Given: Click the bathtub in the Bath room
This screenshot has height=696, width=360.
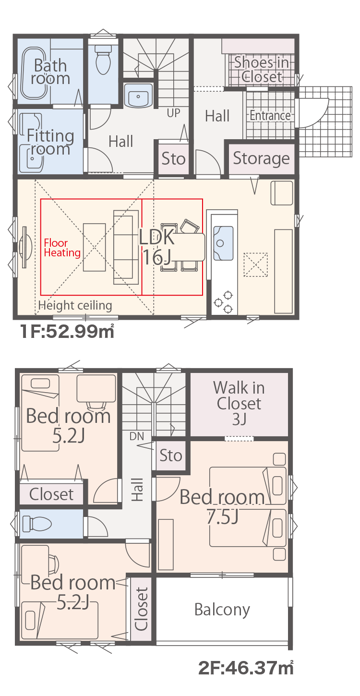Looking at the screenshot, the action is pos(35,73).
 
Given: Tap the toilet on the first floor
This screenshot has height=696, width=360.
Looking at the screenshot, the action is pos(103,59).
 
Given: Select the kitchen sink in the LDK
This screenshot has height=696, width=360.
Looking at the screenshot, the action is pos(223,243).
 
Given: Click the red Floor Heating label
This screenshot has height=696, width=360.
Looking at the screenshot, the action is pos(62,248).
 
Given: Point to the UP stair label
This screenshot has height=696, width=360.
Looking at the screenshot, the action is pos(173,113).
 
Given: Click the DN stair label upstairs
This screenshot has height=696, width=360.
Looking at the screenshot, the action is pos(137,436).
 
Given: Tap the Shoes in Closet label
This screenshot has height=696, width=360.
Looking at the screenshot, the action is pos(262,70).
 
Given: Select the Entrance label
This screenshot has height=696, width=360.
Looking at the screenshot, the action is pos(270,116).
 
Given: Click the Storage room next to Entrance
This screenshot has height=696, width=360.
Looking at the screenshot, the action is pos(261,158).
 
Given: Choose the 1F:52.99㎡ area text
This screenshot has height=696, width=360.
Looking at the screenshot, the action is pos(67,331).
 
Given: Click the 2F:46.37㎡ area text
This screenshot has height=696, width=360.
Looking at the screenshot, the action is pos(246,668).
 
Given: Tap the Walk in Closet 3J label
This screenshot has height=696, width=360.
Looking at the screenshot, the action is pos(239,403).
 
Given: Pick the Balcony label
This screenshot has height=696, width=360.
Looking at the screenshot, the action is pos(222,610).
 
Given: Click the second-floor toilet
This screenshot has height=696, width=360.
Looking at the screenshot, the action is pos(36,524).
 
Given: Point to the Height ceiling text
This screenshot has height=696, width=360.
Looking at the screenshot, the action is pos(75,305).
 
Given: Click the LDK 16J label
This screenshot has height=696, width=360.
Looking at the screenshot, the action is pos(156,247).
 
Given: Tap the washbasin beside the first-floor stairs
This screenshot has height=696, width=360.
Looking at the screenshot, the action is pos(138,96).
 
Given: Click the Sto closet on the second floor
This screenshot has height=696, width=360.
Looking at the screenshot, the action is pos(170,456).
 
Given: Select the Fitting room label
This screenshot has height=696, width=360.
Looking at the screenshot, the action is pos(50,142).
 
